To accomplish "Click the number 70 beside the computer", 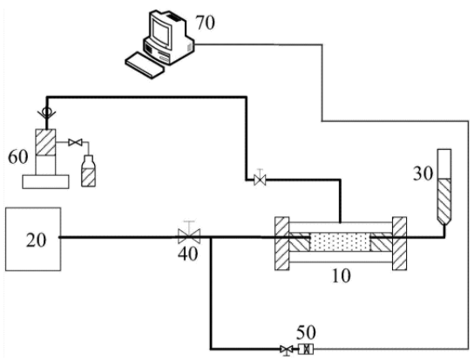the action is coord(206,23).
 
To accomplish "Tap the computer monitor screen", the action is coord(160,31).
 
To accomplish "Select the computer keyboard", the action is coord(144,65).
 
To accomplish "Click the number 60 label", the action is coord(17,157).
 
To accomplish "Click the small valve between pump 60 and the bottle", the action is coord(75,142).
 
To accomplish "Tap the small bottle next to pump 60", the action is coord(89,171).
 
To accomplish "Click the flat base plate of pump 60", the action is coord(45,182).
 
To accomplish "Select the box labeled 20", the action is coord(33,239).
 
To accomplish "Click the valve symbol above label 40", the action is coord(189,234).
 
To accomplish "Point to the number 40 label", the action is coord(187,254).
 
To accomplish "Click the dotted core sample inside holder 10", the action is coord(340,241).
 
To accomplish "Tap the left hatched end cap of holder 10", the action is coord(282,243).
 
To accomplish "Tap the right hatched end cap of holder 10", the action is coord(399,243).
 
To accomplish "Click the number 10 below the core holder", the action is coord(341,275).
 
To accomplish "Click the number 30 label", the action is coord(423,173).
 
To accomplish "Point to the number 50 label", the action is coord(306,332).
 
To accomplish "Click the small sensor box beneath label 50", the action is coord(306,350).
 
